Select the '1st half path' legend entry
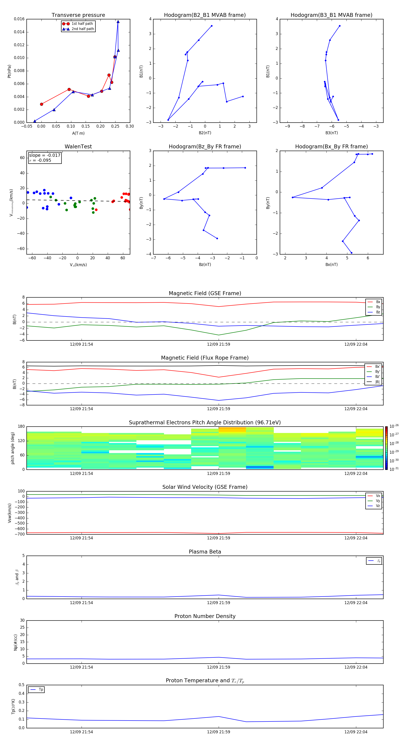(82, 24)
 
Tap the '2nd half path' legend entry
(83, 29)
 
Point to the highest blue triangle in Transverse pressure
(118, 22)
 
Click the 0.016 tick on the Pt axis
(19, 19)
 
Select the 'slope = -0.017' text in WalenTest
(45, 155)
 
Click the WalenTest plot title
(78, 147)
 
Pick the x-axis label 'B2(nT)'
(205, 133)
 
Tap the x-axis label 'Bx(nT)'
(331, 265)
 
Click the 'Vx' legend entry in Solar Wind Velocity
(378, 496)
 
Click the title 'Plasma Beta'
(205, 552)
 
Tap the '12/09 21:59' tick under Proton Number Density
(219, 667)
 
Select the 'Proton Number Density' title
(205, 616)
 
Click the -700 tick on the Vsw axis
(20, 534)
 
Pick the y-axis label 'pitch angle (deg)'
(13, 448)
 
